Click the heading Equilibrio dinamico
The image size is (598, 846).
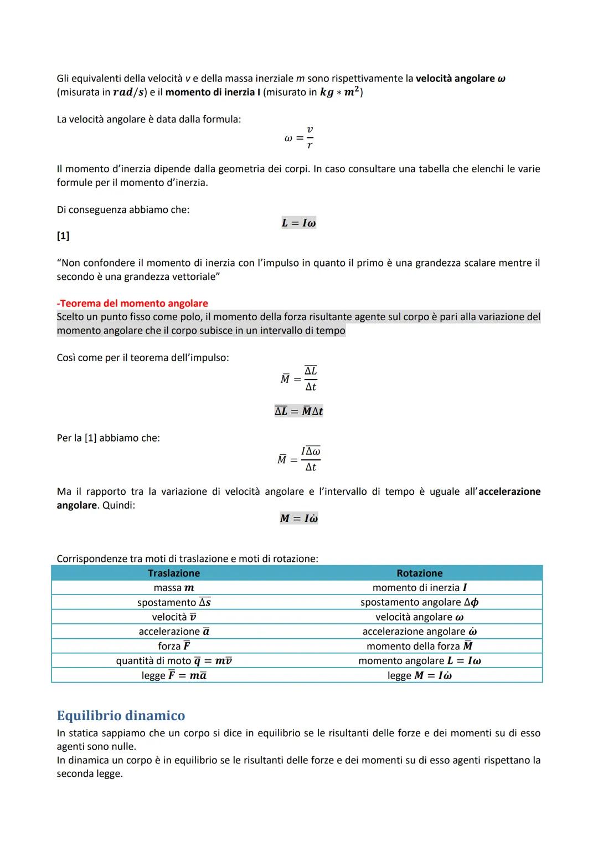(x=121, y=715)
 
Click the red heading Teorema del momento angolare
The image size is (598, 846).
(x=132, y=303)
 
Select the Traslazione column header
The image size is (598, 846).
(x=174, y=573)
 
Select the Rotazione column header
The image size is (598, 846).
(x=419, y=573)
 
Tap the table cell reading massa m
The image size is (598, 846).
(x=174, y=588)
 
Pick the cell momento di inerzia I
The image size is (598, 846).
(x=419, y=588)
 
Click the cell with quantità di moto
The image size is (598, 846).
(x=174, y=661)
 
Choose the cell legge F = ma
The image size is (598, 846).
(x=174, y=675)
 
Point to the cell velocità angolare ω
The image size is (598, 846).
(x=419, y=617)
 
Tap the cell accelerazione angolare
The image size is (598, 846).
(x=419, y=632)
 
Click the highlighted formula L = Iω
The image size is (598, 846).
(x=298, y=223)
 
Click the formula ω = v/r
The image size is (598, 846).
(x=299, y=137)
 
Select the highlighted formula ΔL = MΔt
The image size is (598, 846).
(x=298, y=411)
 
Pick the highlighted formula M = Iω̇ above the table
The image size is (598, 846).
(x=298, y=519)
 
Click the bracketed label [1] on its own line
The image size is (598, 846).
(x=63, y=236)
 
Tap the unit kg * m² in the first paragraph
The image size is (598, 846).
(x=339, y=92)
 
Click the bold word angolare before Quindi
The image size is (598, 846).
(x=76, y=505)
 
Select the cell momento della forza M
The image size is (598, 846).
(x=419, y=646)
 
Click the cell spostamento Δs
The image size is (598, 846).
(x=174, y=602)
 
